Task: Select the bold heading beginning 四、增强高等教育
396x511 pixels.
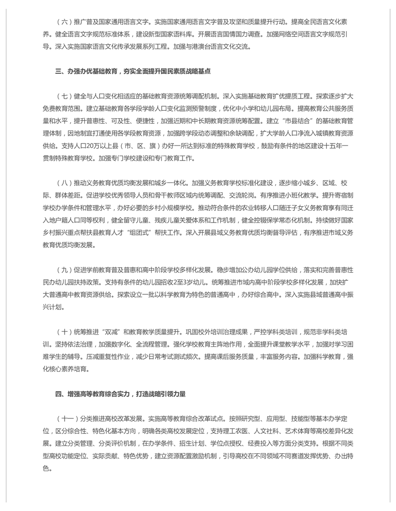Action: click(120, 394)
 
